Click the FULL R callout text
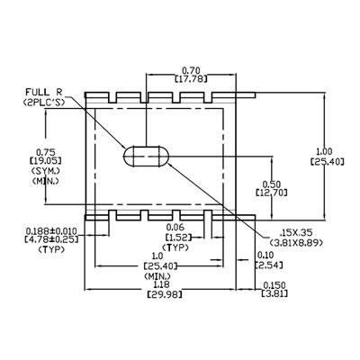43,92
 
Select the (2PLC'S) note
44,103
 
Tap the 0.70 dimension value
191,71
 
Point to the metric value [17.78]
191,79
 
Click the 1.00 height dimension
325,151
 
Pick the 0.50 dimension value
272,184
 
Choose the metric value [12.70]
272,192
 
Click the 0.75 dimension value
45,151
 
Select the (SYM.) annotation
45,171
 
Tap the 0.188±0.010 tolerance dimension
51,231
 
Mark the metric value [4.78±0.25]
51,239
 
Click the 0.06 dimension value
175,227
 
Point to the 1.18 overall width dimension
161,284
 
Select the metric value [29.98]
165,294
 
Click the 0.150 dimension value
274,284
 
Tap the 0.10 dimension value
265,255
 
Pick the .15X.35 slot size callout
296,232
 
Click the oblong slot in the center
147,156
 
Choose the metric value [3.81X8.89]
296,242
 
